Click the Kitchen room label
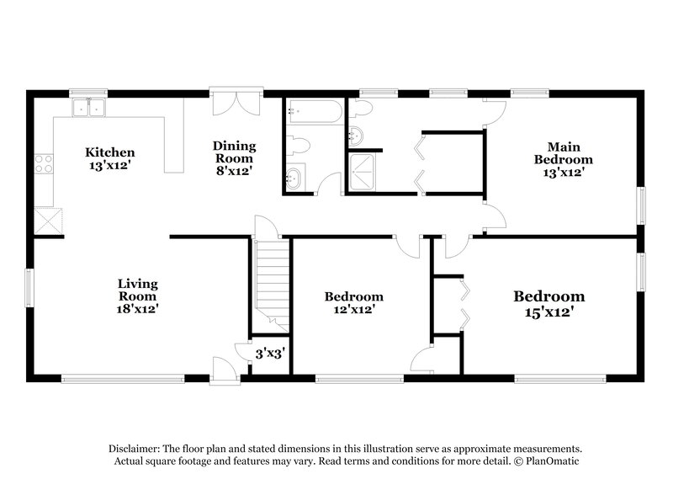pyautogui.click(x=110, y=152)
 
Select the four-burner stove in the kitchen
pyautogui.click(x=44, y=162)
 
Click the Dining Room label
pyautogui.click(x=234, y=152)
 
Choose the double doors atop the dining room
pyautogui.click(x=236, y=103)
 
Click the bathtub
pyautogui.click(x=314, y=113)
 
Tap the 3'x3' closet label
pyautogui.click(x=270, y=354)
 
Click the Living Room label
pyautogui.click(x=138, y=290)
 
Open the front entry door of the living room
pyautogui.click(x=223, y=369)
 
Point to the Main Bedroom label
pyautogui.click(x=564, y=152)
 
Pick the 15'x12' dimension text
pyautogui.click(x=549, y=312)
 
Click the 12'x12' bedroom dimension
pyautogui.click(x=354, y=310)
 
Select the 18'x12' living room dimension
pyautogui.click(x=138, y=309)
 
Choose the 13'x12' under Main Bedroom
pyautogui.click(x=564, y=172)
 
